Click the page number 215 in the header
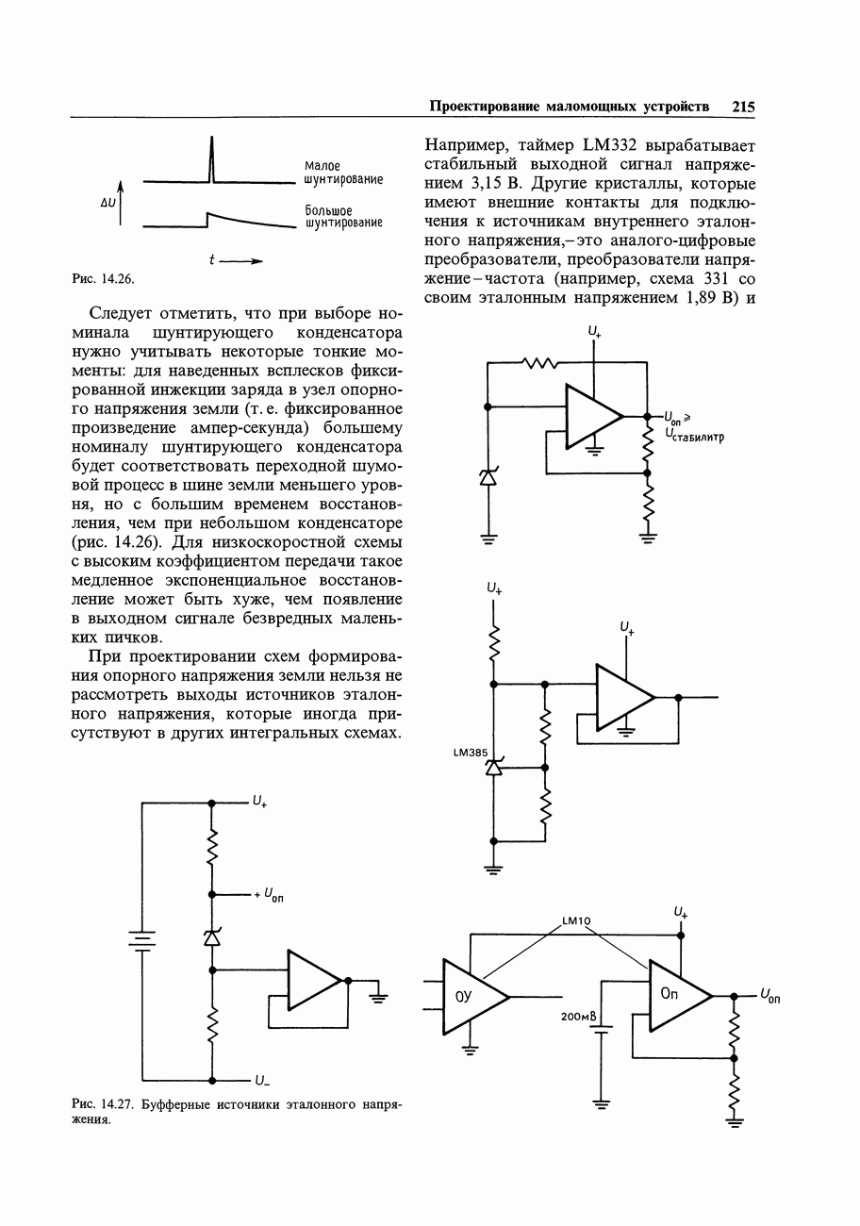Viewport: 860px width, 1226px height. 743,107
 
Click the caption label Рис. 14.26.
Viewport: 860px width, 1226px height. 104,278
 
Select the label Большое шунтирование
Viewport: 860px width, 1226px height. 342,216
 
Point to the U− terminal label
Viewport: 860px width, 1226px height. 261,1081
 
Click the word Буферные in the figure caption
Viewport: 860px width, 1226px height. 176,1102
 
